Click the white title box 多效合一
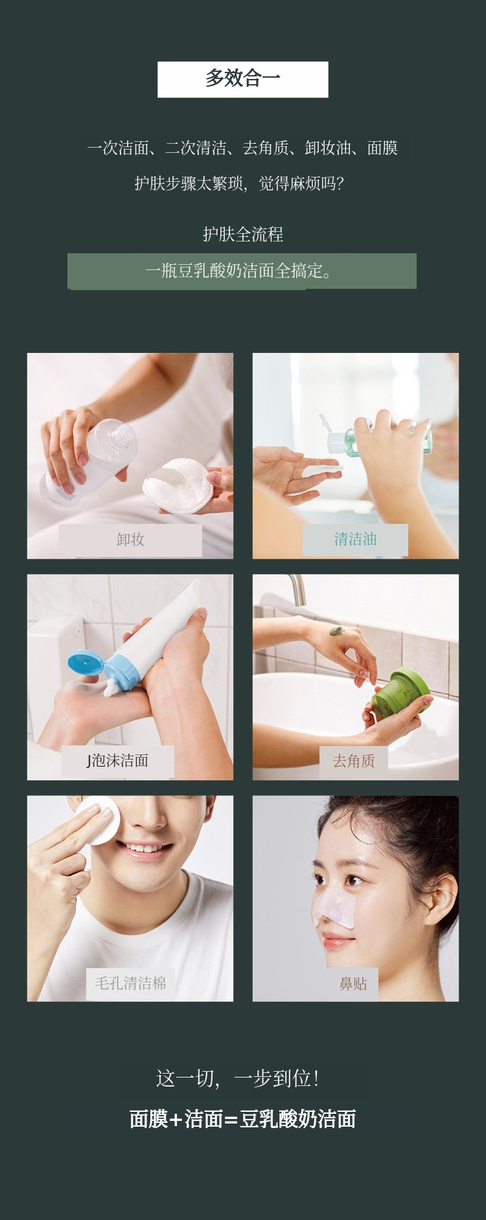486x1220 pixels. (x=243, y=80)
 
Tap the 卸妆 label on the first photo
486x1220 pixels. (x=130, y=540)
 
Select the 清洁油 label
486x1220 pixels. (x=355, y=539)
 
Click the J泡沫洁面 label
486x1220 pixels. (x=118, y=761)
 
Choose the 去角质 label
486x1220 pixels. (x=354, y=761)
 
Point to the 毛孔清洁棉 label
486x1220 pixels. (x=131, y=983)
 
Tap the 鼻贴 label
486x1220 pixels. (x=353, y=984)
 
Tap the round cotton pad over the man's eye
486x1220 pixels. (x=97, y=822)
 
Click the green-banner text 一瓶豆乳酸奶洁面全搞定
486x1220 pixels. (x=238, y=271)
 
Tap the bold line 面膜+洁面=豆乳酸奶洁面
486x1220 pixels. (x=243, y=1118)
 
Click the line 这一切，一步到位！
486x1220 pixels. (x=238, y=1078)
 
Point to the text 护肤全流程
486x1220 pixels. (x=243, y=234)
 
